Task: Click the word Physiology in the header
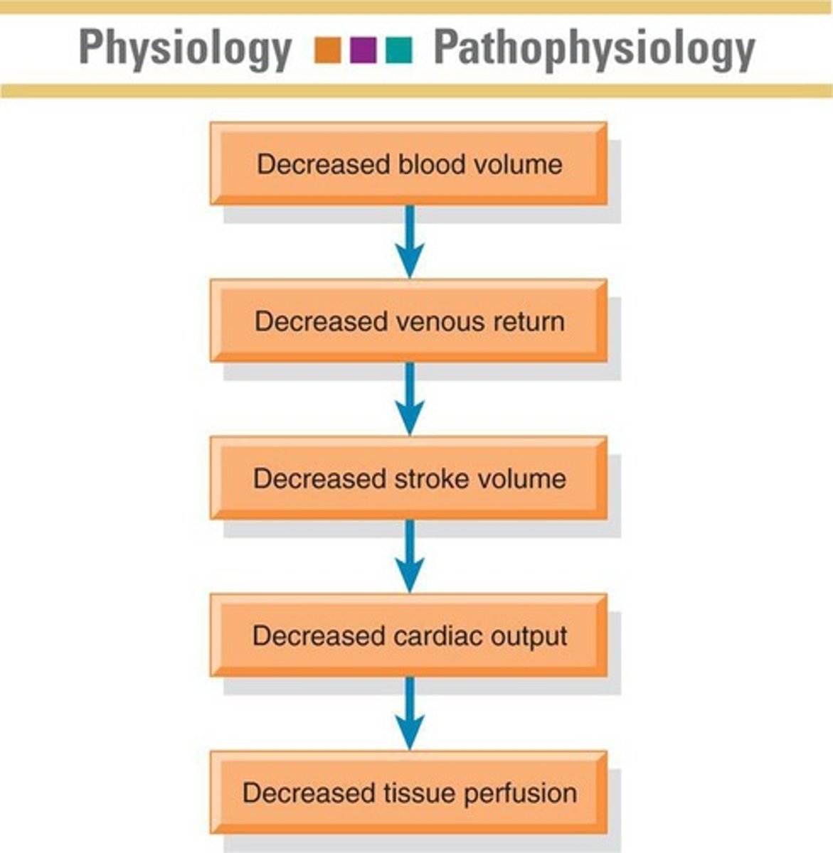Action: [x=185, y=48]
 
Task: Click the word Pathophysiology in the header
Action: [x=594, y=48]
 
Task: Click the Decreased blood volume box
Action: [x=408, y=164]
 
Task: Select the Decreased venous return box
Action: [x=408, y=321]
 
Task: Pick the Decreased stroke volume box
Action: [x=408, y=478]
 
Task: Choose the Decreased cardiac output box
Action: [x=408, y=635]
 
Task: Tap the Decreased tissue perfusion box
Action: [x=408, y=793]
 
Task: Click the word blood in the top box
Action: [x=425, y=164]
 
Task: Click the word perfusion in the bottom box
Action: [x=520, y=793]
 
